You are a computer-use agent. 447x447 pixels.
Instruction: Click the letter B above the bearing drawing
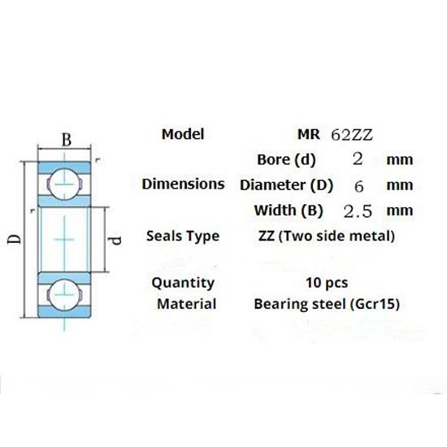[67, 140]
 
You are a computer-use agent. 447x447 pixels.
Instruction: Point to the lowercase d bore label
[115, 241]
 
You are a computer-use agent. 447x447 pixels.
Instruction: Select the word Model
[183, 134]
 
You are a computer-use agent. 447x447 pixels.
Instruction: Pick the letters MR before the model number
[310, 135]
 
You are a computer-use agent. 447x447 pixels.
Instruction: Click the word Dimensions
[183, 184]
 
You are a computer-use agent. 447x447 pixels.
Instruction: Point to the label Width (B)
[289, 210]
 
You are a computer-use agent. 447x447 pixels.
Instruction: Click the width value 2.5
[358, 211]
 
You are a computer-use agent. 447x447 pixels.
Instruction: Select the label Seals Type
[183, 237]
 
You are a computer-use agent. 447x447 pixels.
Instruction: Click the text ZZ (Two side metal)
[325, 237]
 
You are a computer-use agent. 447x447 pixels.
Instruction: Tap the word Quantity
[184, 283]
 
